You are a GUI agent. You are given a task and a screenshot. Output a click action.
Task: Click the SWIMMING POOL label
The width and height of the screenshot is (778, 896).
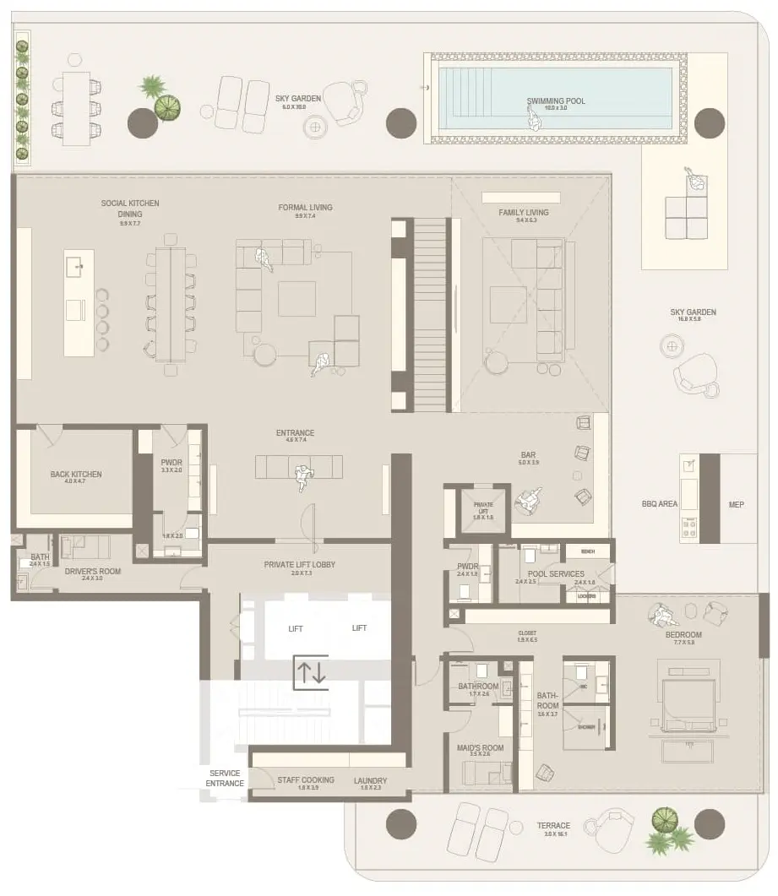click(556, 101)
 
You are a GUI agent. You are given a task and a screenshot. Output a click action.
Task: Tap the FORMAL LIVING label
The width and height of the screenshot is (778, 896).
click(305, 207)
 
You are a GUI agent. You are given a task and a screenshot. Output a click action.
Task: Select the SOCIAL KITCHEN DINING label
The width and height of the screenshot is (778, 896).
click(130, 209)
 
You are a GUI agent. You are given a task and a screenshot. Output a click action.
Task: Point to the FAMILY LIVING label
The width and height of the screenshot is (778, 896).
click(524, 213)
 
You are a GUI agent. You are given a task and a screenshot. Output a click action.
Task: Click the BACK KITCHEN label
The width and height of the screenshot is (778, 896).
click(76, 475)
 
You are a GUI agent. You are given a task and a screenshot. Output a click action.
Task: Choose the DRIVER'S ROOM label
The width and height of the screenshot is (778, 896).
click(93, 572)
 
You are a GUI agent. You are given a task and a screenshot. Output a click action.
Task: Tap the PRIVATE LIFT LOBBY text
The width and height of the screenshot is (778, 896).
click(301, 564)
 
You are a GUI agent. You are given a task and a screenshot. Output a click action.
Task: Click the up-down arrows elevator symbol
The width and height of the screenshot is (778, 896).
click(310, 672)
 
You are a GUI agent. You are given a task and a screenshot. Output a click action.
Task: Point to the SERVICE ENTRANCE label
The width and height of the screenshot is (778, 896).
click(225, 779)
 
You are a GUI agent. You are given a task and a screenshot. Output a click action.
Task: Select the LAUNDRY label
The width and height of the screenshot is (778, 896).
click(371, 780)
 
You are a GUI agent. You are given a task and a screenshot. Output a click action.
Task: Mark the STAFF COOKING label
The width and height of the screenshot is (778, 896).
click(306, 779)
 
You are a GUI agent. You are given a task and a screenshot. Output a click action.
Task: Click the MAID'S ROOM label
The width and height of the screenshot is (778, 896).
click(481, 748)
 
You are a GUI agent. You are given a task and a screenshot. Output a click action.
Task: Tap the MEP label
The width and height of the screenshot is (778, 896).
click(737, 504)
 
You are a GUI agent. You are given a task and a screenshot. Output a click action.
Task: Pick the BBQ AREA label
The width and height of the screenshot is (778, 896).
click(660, 504)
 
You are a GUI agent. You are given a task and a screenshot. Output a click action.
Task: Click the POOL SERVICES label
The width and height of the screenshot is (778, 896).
click(555, 574)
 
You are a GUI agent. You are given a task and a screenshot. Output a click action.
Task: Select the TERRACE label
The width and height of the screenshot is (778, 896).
click(553, 826)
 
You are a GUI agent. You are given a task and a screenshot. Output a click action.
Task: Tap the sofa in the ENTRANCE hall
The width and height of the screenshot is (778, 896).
click(299, 467)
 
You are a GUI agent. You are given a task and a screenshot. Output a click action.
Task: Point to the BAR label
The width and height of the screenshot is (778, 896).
click(528, 455)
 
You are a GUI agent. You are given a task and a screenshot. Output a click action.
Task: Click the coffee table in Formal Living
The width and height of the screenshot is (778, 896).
click(297, 298)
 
